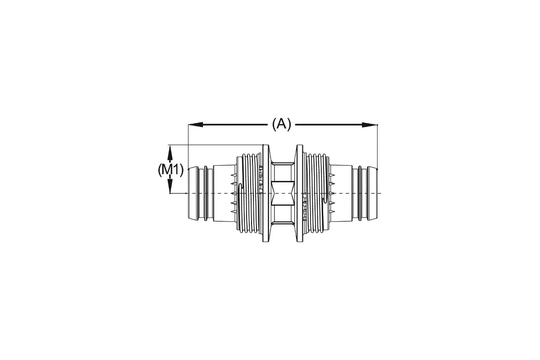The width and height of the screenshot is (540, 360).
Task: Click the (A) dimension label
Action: coord(282,124)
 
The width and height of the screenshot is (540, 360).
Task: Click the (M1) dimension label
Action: coord(171,170)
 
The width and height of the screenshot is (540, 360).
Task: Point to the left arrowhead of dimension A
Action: coord(195,124)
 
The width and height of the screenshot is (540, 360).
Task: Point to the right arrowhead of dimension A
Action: coord(369,125)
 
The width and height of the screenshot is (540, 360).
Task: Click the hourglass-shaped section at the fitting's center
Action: coord(283,193)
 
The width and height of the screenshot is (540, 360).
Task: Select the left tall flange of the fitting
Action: coord(265,193)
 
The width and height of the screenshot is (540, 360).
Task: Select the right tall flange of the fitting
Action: coord(300,193)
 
